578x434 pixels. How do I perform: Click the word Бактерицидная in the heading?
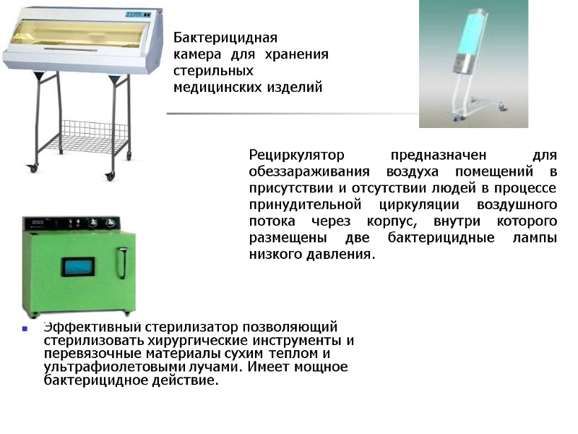click(x=225, y=38)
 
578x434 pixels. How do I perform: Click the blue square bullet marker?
click(x=25, y=329)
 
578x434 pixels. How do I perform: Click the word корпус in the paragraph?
click(x=431, y=221)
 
